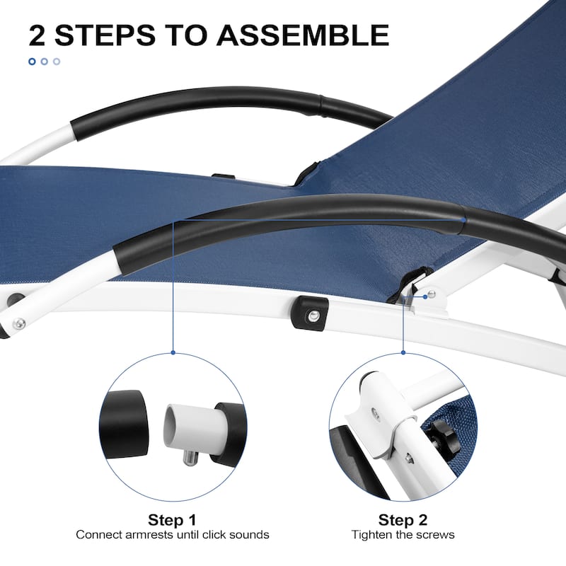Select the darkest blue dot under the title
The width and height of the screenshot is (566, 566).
pos(32,62)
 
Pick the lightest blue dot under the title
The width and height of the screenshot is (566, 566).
pos(57,62)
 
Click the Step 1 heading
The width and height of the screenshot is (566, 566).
pos(172,520)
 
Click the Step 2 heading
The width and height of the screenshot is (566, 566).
pos(403,520)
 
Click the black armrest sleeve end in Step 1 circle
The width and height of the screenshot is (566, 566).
pos(124,424)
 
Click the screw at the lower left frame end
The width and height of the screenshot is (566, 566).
pos(18,323)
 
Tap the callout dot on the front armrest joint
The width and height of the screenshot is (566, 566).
pos(463,219)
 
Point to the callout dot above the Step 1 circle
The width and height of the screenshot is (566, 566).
pos(173,352)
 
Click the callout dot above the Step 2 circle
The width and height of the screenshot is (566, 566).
pos(403,352)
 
